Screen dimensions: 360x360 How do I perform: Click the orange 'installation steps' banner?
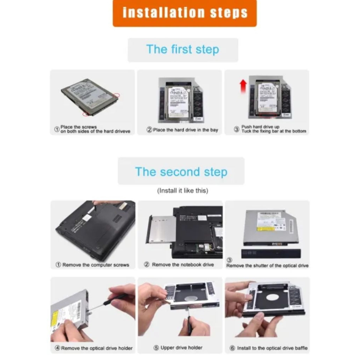(x=185, y=13)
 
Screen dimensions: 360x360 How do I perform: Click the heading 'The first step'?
(x=182, y=50)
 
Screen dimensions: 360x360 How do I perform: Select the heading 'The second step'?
(x=181, y=172)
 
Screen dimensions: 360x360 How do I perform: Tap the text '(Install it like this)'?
(x=182, y=191)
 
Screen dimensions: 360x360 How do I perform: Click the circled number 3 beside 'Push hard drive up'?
(x=237, y=129)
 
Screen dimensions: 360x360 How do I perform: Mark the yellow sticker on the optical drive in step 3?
(x=265, y=229)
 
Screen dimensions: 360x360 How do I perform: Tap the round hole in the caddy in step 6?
(x=272, y=297)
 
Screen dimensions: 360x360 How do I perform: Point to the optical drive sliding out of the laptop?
(x=161, y=230)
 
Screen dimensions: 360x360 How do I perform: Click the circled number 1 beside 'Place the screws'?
(x=57, y=129)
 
